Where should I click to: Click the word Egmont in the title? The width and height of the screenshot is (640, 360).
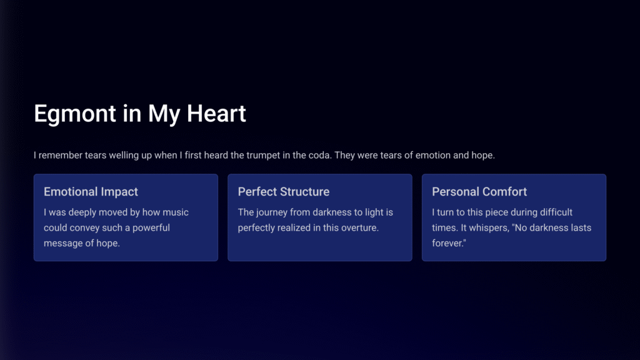pos(75,114)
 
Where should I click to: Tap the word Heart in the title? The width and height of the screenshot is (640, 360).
pos(216,113)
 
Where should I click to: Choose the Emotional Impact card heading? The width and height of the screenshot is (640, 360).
pos(91,192)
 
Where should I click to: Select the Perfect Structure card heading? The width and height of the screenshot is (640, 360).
pos(284,192)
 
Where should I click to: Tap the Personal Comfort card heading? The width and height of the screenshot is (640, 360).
pos(479,192)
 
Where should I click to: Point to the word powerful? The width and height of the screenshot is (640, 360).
pos(151,227)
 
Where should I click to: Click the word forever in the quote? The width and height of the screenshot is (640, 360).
pos(447,243)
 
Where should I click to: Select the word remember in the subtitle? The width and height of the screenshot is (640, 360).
pos(61,156)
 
